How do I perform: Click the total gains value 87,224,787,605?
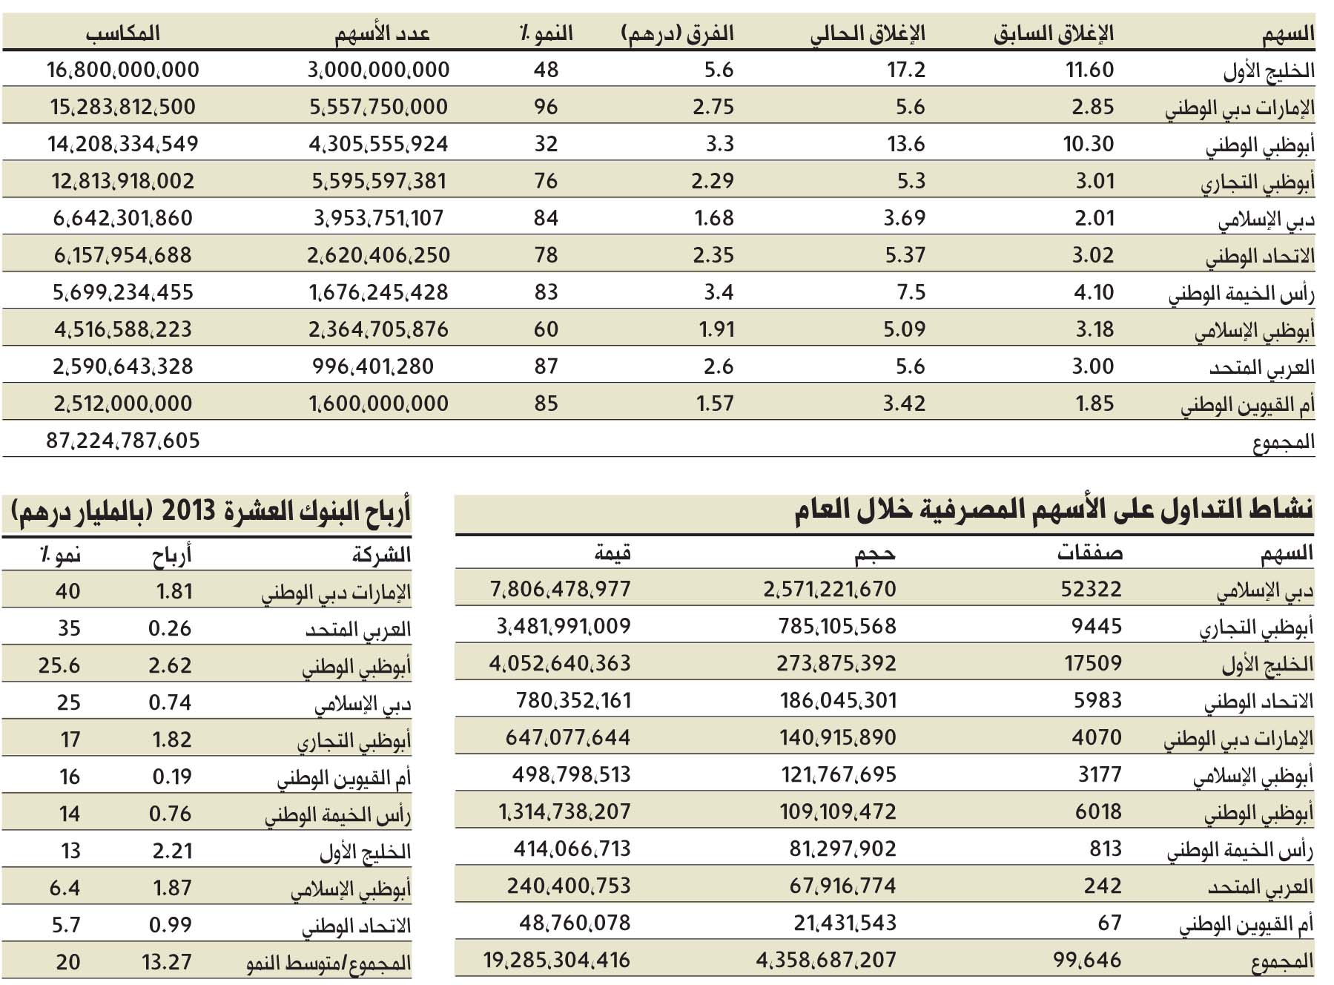(123, 441)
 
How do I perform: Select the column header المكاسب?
(123, 33)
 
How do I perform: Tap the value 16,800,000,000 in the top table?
(123, 70)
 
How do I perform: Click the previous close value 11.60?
(1090, 70)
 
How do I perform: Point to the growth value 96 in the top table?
(546, 107)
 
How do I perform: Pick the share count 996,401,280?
(373, 366)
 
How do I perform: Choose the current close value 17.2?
(906, 70)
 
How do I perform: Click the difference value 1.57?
(715, 403)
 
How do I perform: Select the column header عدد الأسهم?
(383, 33)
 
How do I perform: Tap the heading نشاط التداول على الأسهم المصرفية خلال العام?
(1054, 511)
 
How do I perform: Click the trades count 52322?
(1092, 589)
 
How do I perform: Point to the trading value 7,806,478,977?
(561, 589)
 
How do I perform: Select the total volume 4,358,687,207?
(826, 961)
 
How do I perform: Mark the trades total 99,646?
(1087, 961)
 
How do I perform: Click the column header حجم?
(876, 553)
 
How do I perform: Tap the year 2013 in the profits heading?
(188, 511)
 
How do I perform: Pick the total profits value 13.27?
(167, 962)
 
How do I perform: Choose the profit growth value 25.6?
(59, 665)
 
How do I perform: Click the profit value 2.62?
(170, 665)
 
